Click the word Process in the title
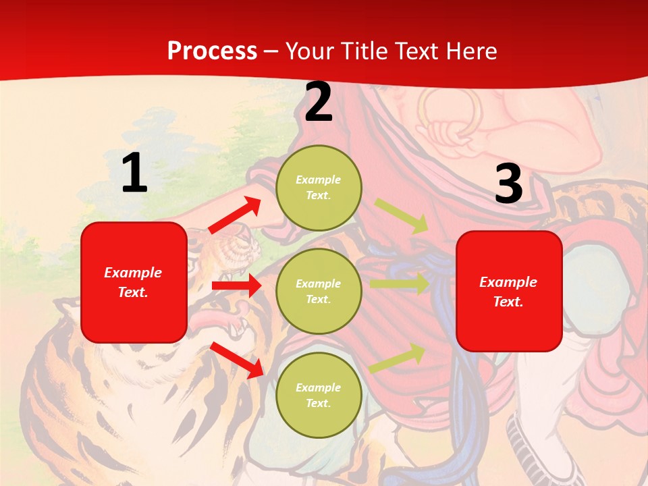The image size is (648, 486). [x=212, y=51]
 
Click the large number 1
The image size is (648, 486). [x=134, y=173]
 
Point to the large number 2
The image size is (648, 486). [x=319, y=103]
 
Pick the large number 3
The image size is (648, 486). [x=508, y=184]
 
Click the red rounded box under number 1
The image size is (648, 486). [x=134, y=282]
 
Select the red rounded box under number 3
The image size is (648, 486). [x=509, y=291]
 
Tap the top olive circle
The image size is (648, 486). [x=319, y=188]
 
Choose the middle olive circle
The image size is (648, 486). [x=319, y=291]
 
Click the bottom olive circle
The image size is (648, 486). [x=319, y=395]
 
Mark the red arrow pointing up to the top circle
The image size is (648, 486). [x=235, y=215]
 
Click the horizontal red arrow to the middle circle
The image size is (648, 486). [x=236, y=286]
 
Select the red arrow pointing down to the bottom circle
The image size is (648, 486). [x=236, y=359]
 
